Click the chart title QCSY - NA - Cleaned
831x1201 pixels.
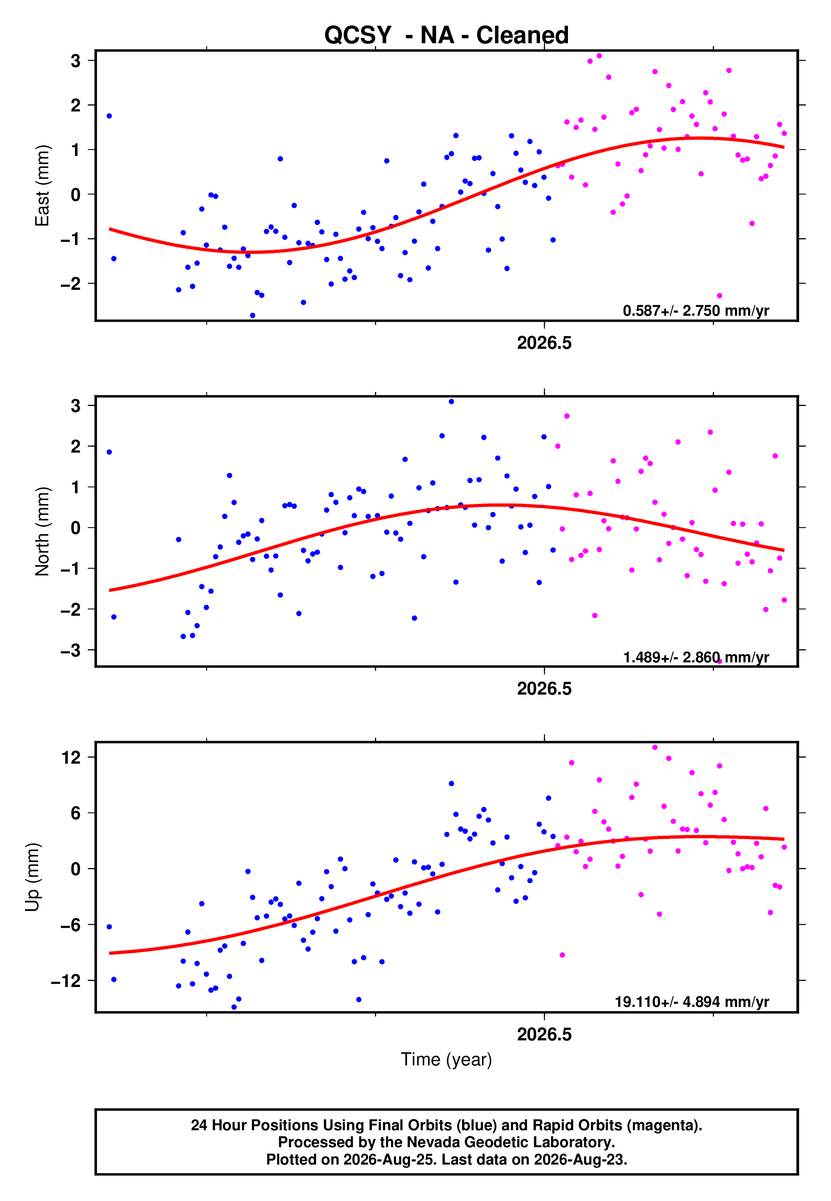pyautogui.click(x=446, y=36)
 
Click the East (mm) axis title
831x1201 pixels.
pyautogui.click(x=42, y=186)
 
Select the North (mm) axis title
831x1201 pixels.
pyautogui.click(x=42, y=531)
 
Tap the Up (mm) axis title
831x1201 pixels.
pyautogui.click(x=32, y=877)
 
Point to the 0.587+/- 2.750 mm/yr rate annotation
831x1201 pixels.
pyautogui.click(x=695, y=311)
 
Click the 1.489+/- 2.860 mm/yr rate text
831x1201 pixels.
pyautogui.click(x=695, y=657)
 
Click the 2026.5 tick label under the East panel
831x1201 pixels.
pyautogui.click(x=544, y=343)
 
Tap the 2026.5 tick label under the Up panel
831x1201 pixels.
pyautogui.click(x=544, y=1034)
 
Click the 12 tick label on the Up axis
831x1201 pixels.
pyautogui.click(x=71, y=757)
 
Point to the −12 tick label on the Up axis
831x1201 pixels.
pyautogui.click(x=66, y=981)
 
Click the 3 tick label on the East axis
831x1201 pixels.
pyautogui.click(x=76, y=61)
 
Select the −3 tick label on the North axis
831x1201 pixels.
pyautogui.click(x=71, y=650)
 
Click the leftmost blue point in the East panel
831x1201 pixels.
pyautogui.click(x=109, y=116)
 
